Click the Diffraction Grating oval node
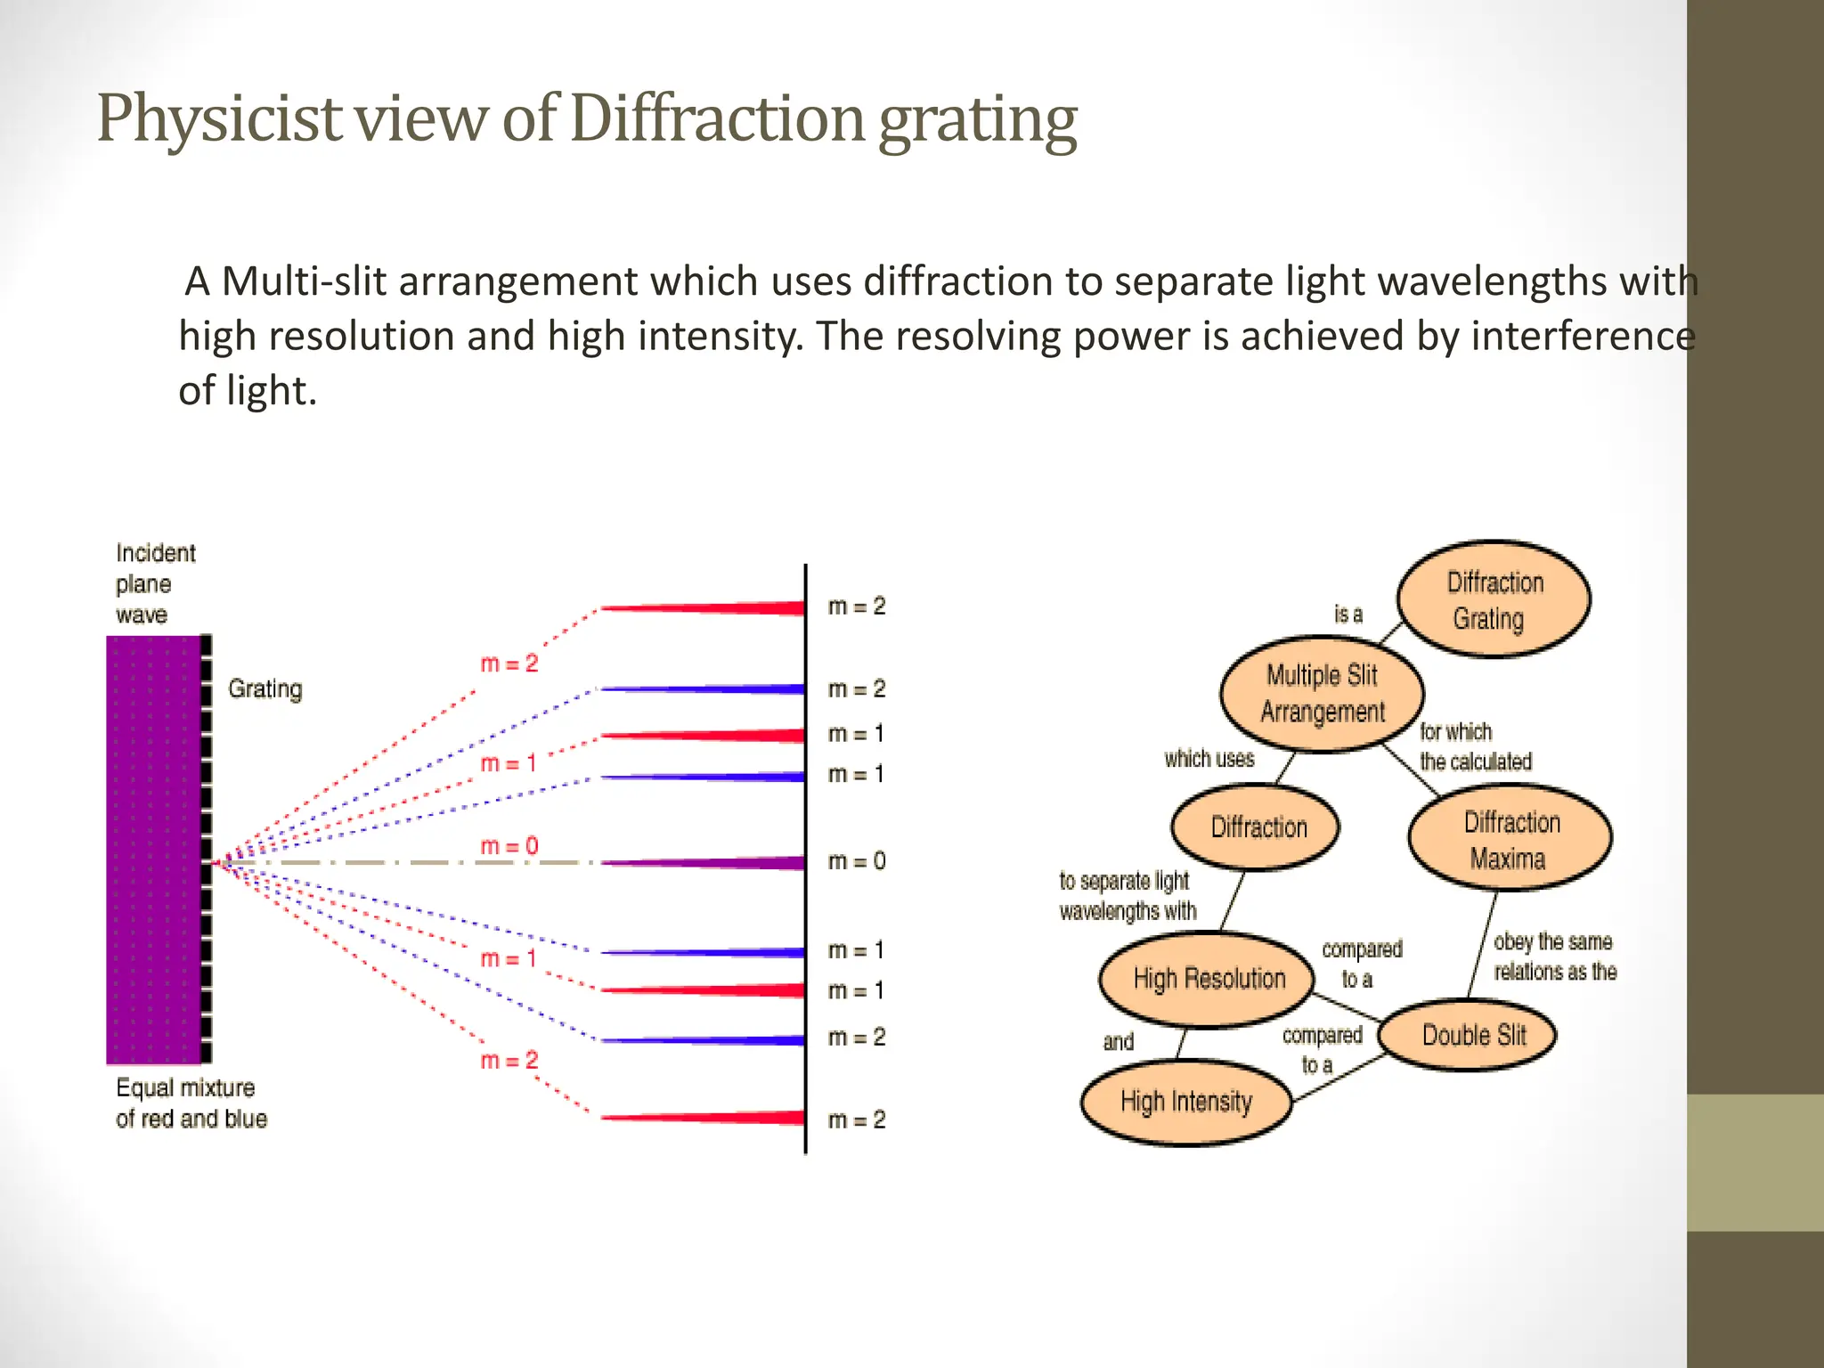click(x=1494, y=599)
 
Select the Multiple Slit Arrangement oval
click(x=1322, y=694)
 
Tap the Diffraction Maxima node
click(x=1510, y=839)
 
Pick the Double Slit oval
click(x=1473, y=1035)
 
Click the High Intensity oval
click(x=1185, y=1102)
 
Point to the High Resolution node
click(x=1208, y=979)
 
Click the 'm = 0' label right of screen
click(x=857, y=861)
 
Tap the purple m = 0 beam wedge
click(x=730, y=862)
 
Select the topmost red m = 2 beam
click(x=730, y=608)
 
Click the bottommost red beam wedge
click(x=730, y=1117)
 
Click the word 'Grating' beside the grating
click(x=265, y=689)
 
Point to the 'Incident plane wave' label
click(x=155, y=584)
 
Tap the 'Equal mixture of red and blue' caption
click(x=191, y=1103)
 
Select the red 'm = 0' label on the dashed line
click(x=509, y=845)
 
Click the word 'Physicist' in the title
click(x=219, y=118)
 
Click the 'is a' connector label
click(x=1348, y=615)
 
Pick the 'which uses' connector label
click(x=1209, y=759)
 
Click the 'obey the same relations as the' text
click(x=1554, y=957)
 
